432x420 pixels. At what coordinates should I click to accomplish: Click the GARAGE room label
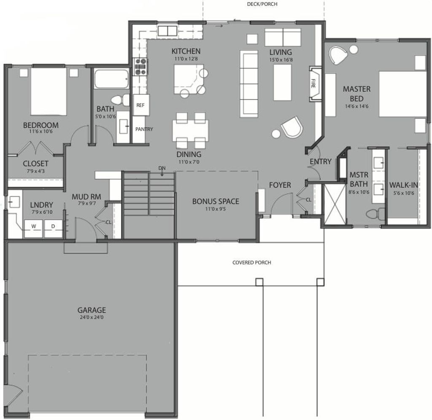[91, 310]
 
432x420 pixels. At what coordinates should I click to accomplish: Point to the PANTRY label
[144, 129]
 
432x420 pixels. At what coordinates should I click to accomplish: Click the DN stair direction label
[162, 168]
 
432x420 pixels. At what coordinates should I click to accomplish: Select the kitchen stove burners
[140, 67]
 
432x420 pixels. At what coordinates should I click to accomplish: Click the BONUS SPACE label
[216, 202]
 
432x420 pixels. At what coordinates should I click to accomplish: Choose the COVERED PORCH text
[251, 262]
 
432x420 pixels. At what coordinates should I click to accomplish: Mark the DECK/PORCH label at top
[262, 4]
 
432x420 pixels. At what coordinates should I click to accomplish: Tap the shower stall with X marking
[334, 204]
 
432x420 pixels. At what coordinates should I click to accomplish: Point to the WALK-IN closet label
[404, 185]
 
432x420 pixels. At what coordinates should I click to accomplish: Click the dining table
[190, 130]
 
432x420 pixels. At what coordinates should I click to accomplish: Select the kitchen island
[188, 79]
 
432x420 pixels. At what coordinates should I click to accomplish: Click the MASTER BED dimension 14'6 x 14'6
[356, 106]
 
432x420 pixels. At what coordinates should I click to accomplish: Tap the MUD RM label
[86, 196]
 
